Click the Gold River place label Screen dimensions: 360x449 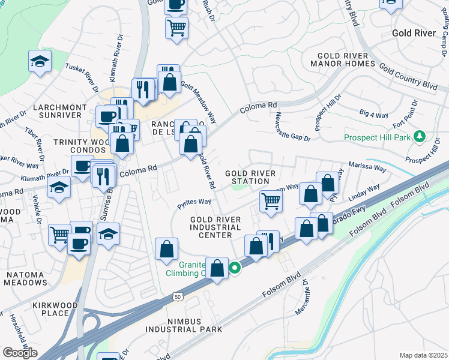[414, 32]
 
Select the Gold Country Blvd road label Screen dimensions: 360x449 [408, 79]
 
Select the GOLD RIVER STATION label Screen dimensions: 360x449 [250, 177]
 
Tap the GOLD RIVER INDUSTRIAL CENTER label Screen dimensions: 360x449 [215, 227]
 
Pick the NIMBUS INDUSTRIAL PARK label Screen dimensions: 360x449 [183, 325]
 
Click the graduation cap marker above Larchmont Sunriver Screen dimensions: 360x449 [40, 61]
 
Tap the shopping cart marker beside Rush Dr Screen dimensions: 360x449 [176, 28]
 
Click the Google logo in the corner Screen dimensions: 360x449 [20, 353]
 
